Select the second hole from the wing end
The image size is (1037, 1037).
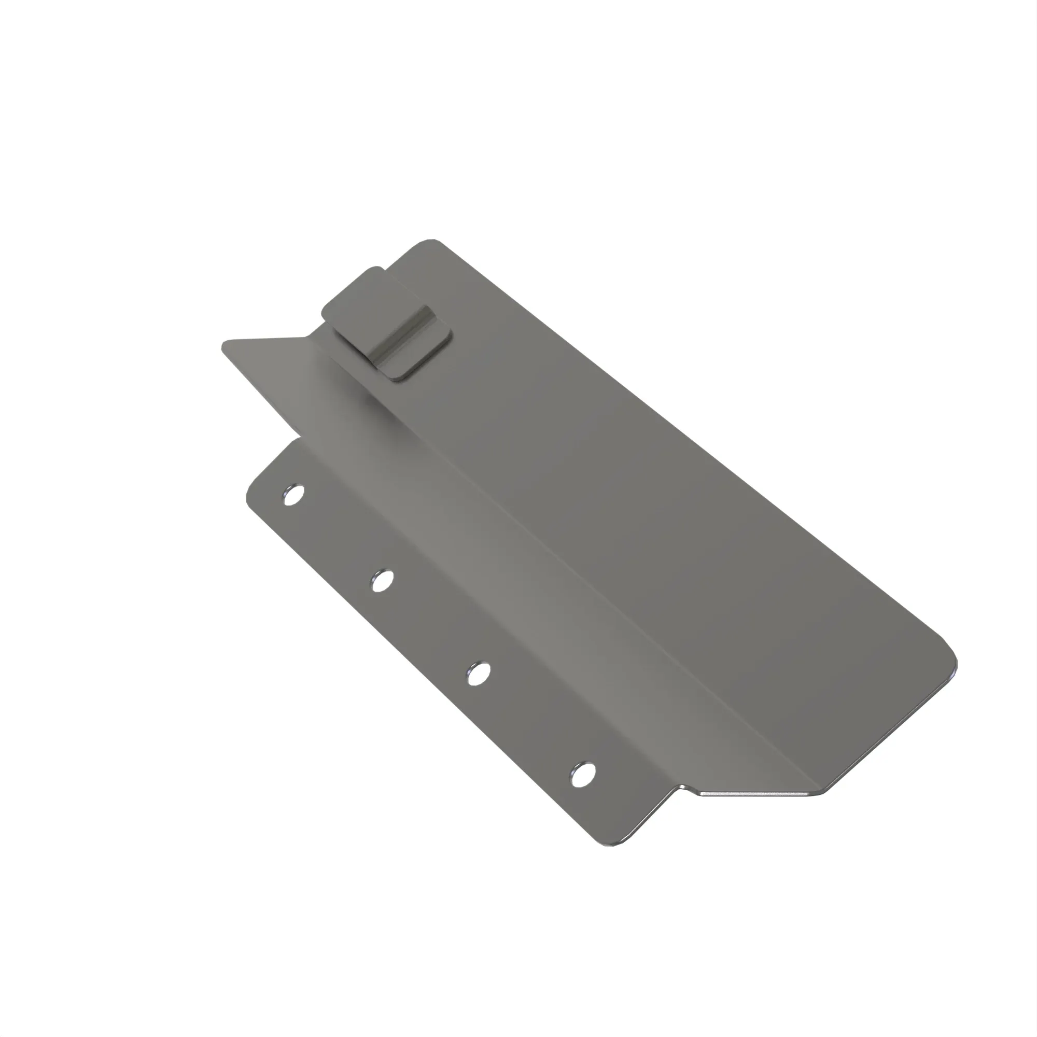(x=382, y=581)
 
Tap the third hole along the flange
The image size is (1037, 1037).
(x=478, y=674)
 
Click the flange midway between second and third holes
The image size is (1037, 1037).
(x=429, y=627)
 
